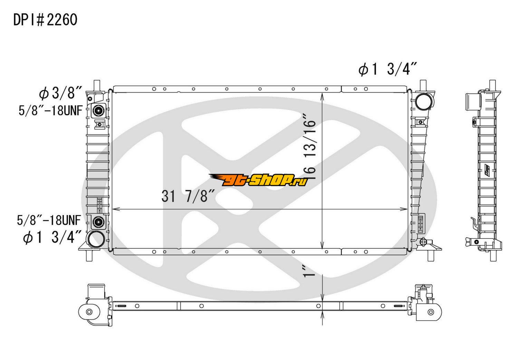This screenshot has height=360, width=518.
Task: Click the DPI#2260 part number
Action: [45, 20]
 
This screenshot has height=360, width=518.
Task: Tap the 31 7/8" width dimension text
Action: [188, 196]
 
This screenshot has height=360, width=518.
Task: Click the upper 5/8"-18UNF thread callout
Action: [50, 110]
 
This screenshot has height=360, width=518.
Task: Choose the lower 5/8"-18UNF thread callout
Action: [49, 220]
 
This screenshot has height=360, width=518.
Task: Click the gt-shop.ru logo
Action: [258, 180]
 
